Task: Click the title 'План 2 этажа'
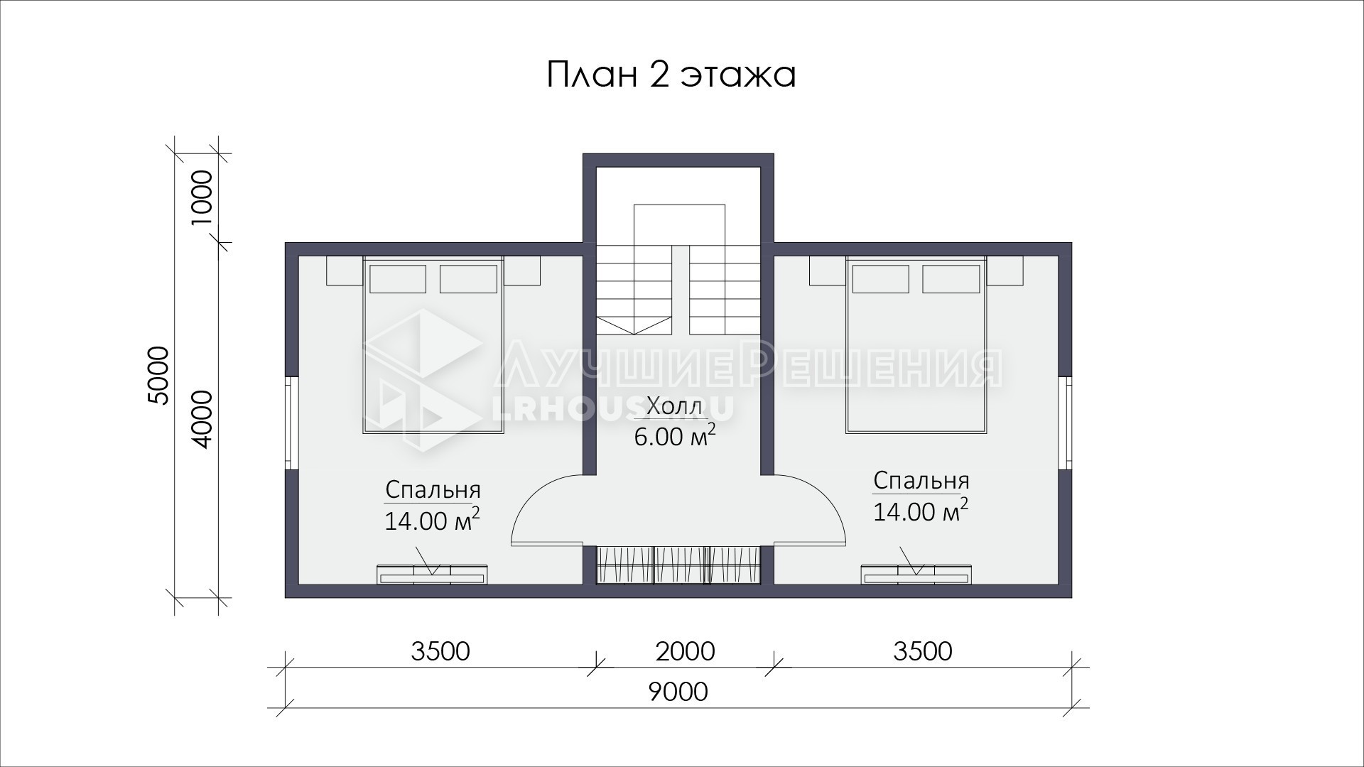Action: pyautogui.click(x=671, y=75)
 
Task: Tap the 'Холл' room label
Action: pyautogui.click(x=675, y=407)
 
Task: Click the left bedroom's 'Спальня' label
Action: pyautogui.click(x=433, y=490)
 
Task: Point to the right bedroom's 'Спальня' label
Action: pyautogui.click(x=921, y=481)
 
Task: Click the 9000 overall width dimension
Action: pyautogui.click(x=678, y=691)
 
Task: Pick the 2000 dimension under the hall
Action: pyautogui.click(x=685, y=651)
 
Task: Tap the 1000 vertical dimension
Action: pyautogui.click(x=201, y=198)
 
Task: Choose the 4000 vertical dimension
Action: pyautogui.click(x=201, y=419)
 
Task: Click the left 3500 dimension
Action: pyautogui.click(x=440, y=651)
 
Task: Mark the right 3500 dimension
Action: pyautogui.click(x=923, y=651)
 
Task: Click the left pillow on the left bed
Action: pyautogui.click(x=398, y=279)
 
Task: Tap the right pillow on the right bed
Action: pyautogui.click(x=951, y=279)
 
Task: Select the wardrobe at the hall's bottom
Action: pyautogui.click(x=678, y=565)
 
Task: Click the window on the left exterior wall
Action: pyautogui.click(x=291, y=423)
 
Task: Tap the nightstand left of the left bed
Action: pyautogui.click(x=345, y=271)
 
